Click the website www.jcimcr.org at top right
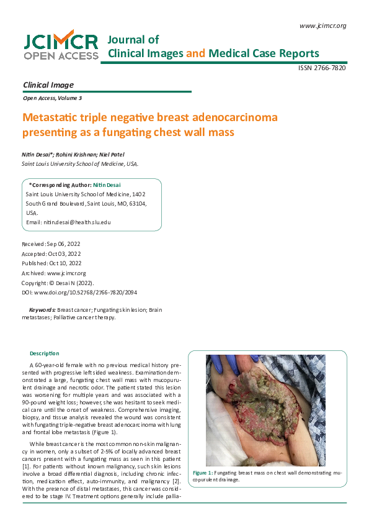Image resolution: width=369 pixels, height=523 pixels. click(x=322, y=25)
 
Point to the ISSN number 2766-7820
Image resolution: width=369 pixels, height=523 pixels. click(x=322, y=68)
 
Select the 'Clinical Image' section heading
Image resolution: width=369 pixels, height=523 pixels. click(x=48, y=85)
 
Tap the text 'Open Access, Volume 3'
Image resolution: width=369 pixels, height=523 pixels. click(x=51, y=98)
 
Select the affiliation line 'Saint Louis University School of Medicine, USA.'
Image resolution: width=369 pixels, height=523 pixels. click(x=80, y=164)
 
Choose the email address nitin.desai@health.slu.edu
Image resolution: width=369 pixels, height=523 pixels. click(x=76, y=222)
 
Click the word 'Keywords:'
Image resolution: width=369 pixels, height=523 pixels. click(x=43, y=309)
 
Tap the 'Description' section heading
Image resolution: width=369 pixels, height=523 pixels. click(x=45, y=353)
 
